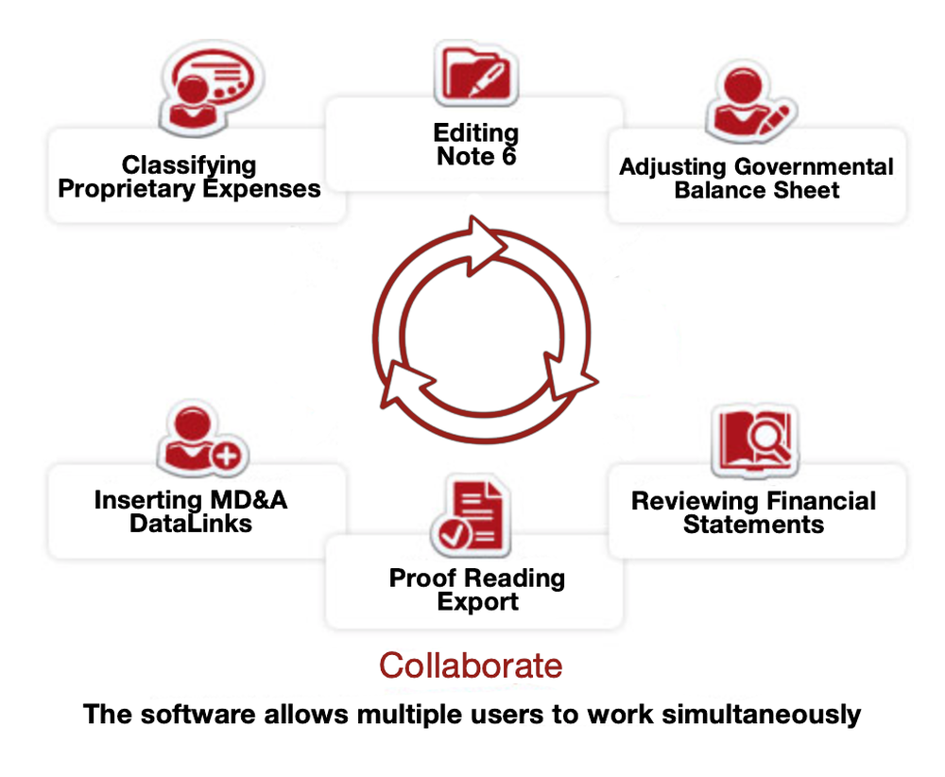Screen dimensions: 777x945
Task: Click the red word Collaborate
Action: coord(471,665)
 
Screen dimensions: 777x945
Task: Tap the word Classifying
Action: coord(189,165)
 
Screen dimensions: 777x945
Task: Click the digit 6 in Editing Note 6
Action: coord(508,156)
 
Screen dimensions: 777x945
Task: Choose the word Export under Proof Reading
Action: coord(477,601)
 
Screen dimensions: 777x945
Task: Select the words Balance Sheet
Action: coord(756,190)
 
